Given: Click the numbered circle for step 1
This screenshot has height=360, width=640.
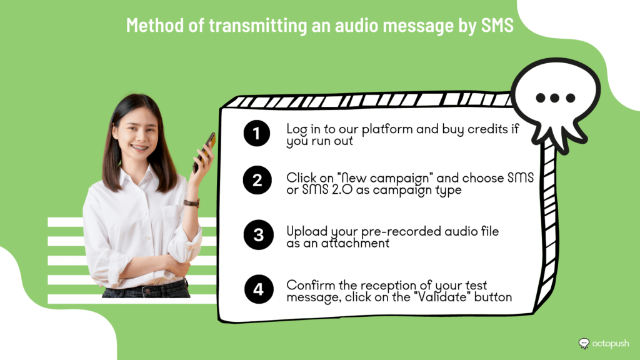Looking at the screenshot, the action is coord(257,133).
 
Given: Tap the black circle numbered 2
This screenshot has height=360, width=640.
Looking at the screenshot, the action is coord(257,180).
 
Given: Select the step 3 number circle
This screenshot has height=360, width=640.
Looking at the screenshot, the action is coord(258,235).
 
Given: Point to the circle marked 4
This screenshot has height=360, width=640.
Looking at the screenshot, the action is coord(259,289).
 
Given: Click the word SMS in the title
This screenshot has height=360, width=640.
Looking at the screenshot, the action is coord(497,25).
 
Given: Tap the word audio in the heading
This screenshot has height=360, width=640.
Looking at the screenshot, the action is coord(353,25).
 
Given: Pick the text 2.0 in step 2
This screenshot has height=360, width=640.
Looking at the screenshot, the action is coord(342,190).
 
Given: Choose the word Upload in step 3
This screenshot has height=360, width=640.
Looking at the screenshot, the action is coord(307,232).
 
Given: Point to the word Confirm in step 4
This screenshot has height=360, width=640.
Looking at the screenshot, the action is coord(307,285).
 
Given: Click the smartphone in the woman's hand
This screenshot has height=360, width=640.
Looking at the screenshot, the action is coord(204,152).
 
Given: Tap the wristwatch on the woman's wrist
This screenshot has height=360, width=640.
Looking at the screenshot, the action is coord(192,202).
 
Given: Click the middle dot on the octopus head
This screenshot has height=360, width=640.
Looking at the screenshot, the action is coord(555,98).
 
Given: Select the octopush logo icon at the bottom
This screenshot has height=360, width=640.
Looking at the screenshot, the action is coord(584,344).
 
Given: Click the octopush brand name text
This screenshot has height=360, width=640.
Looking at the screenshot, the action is coord(611,344).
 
